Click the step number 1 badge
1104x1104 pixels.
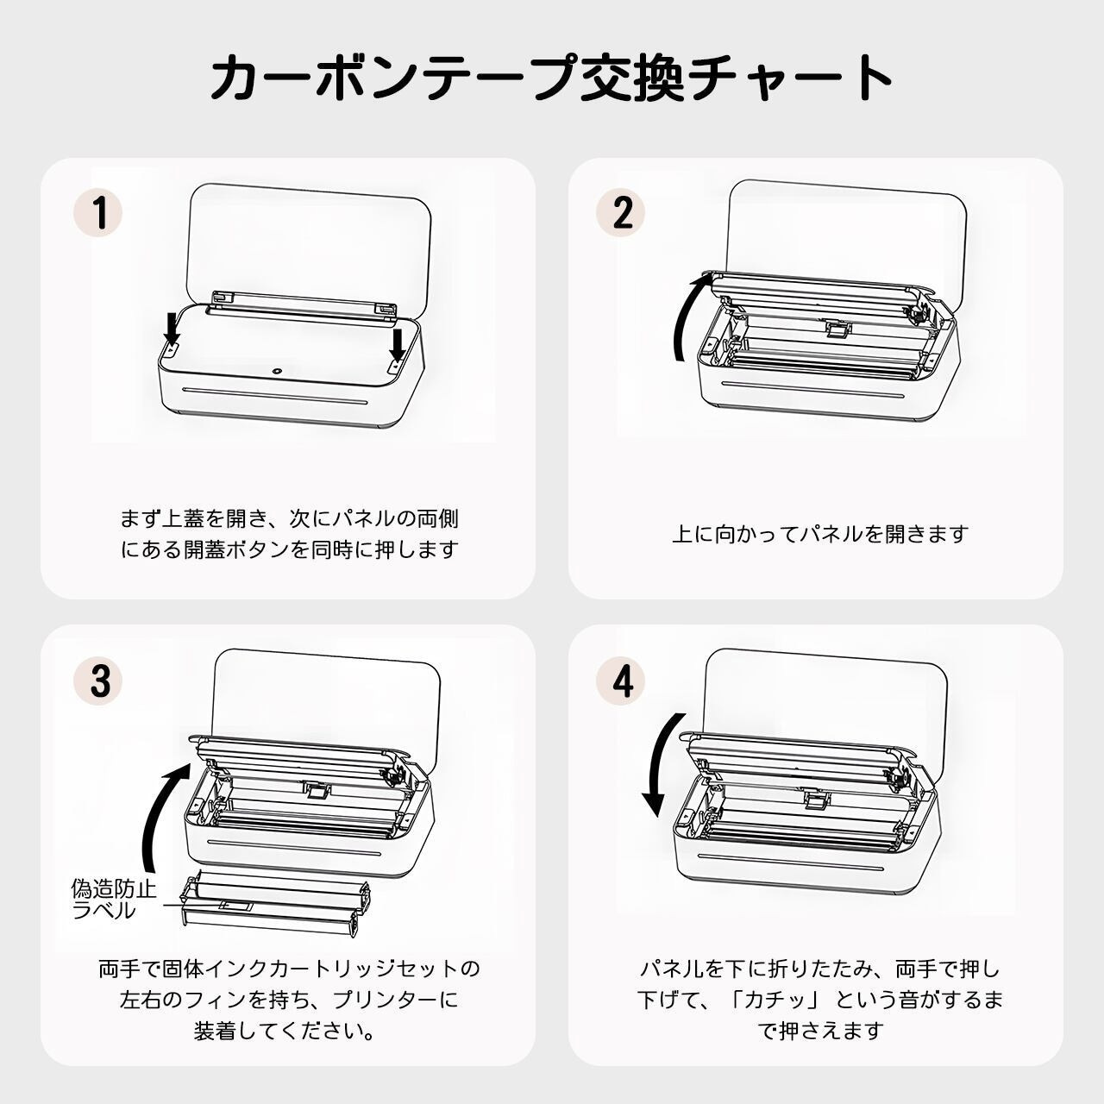(98, 212)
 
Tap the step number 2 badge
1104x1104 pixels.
(621, 212)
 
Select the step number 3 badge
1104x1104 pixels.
(98, 680)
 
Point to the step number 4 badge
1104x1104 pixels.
(621, 680)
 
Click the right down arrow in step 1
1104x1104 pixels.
(397, 346)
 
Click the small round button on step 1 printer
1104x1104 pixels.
(277, 371)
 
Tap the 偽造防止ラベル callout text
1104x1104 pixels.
(114, 900)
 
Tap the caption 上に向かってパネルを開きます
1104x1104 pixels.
(820, 534)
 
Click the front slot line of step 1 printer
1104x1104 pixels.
(275, 396)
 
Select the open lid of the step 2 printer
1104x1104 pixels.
(845, 235)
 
